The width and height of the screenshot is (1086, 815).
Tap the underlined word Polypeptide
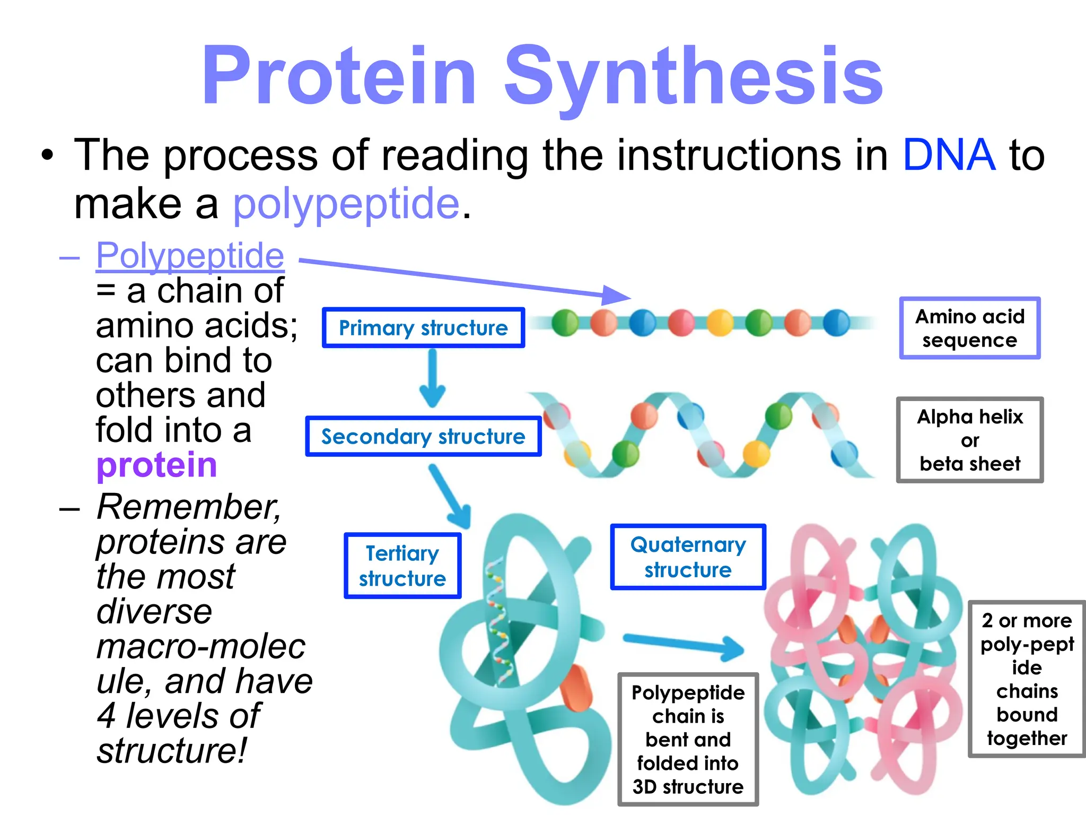point(190,256)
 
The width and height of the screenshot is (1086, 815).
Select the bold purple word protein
point(156,465)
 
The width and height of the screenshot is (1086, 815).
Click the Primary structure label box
point(423,328)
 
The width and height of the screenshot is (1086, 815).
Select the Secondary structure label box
point(423,437)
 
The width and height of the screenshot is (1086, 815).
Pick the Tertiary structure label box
point(402,566)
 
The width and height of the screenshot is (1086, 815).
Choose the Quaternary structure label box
point(688,557)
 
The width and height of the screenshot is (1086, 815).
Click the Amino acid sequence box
point(969,328)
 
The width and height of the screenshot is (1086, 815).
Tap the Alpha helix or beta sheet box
point(969,440)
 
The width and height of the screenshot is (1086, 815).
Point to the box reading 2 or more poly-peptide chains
point(1027,679)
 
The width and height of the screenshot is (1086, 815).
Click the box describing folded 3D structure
point(688,739)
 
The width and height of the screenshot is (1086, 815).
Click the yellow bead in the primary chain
point(720,323)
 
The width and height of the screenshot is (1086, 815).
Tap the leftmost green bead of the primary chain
point(565,323)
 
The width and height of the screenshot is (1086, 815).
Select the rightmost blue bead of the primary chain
point(836,323)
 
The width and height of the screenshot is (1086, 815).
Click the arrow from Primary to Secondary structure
point(433,378)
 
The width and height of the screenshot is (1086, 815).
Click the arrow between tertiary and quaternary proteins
point(684,645)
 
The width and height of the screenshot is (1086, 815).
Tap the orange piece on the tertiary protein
point(577,688)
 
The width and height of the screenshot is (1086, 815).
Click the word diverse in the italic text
point(154,612)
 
